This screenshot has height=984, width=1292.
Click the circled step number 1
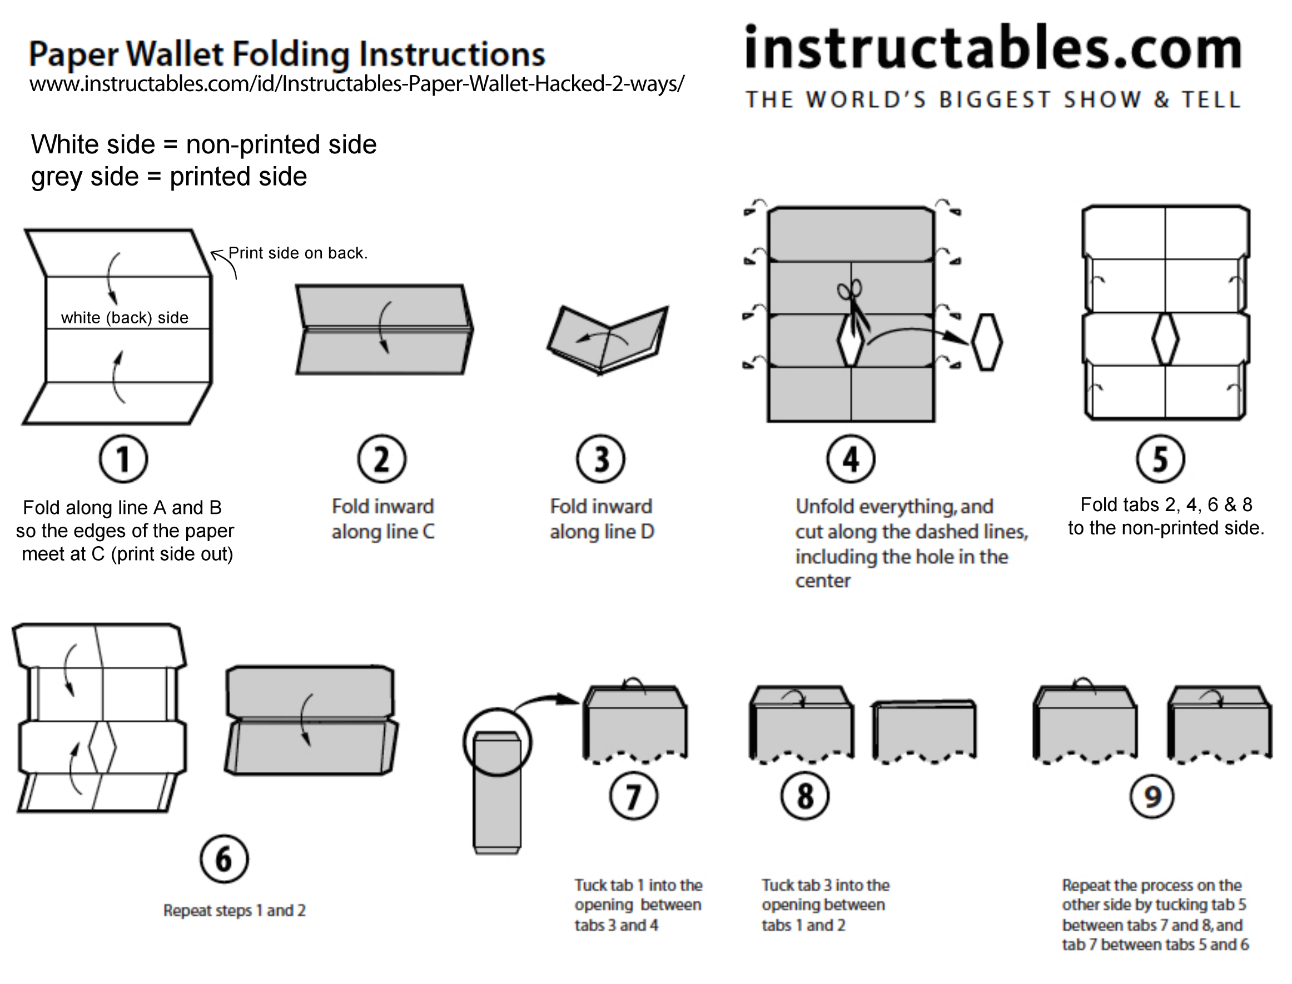(x=123, y=459)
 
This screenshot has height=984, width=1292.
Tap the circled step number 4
(x=851, y=459)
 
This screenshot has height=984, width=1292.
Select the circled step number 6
(x=224, y=859)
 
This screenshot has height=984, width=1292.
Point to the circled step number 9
(x=1152, y=797)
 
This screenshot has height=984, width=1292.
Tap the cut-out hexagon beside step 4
(x=987, y=343)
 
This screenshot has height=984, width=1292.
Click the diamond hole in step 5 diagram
(x=1165, y=339)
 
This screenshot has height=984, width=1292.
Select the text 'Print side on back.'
(x=297, y=253)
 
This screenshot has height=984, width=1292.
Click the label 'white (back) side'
(x=125, y=318)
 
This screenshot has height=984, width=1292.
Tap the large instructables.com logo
(x=992, y=48)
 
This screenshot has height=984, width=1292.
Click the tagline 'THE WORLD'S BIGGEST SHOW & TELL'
(x=992, y=99)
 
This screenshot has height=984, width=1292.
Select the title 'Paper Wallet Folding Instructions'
(x=287, y=54)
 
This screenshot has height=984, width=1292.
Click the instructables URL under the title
(x=356, y=84)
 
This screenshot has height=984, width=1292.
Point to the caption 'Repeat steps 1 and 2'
(x=235, y=911)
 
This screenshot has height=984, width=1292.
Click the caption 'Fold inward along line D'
(x=602, y=519)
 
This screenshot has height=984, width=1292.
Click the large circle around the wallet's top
(x=498, y=742)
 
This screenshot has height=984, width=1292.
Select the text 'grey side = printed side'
(x=169, y=177)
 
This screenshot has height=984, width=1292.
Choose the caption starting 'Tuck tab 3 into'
(x=825, y=905)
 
